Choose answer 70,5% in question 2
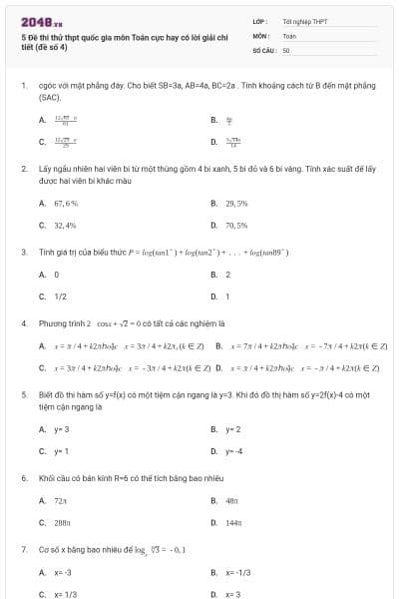pos(236,226)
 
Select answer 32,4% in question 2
pos(65,226)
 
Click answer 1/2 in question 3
pos(61,297)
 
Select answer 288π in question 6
pos(62,522)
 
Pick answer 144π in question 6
pos(234,522)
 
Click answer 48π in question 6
pos(232,499)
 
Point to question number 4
pos(23,323)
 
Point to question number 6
pos(23,478)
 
